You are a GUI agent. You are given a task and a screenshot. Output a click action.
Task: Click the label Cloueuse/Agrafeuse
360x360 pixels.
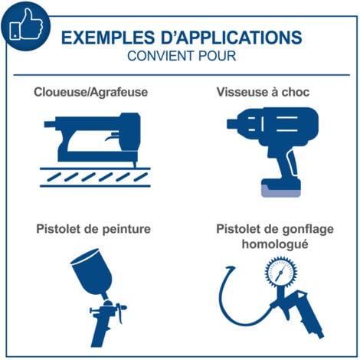point(90,93)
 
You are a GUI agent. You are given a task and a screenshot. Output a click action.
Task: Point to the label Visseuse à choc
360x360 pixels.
point(262,93)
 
